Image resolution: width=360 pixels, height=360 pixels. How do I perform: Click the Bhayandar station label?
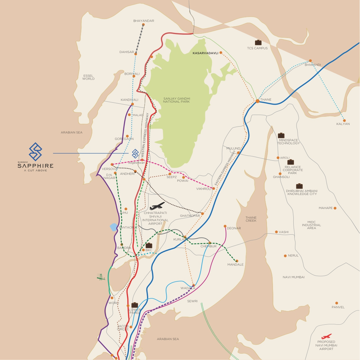[x=144, y=21]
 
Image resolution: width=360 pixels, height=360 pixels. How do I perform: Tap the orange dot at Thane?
[x=258, y=101]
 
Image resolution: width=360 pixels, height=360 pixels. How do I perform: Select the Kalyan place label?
[x=343, y=124]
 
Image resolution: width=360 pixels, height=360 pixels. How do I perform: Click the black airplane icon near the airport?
[x=157, y=206]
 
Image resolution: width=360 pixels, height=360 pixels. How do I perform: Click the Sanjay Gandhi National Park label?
[x=176, y=100]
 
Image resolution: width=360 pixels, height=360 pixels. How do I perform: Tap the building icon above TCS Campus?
[x=258, y=42]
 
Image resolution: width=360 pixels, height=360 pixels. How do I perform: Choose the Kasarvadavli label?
[x=205, y=53]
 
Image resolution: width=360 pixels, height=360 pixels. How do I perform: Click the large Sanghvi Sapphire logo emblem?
[x=35, y=151]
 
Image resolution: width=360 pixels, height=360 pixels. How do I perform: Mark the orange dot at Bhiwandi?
[x=310, y=61]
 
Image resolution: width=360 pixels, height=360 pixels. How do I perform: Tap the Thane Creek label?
[x=251, y=219]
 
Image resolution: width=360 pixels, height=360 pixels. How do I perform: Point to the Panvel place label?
[x=338, y=307]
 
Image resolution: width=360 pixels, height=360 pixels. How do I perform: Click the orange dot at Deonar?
[x=225, y=226]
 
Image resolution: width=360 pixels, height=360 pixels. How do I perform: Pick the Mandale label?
[x=235, y=265]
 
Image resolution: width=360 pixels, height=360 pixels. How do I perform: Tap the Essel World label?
[x=88, y=77]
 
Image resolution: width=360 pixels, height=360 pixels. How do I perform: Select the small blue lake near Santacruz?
[x=114, y=227]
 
